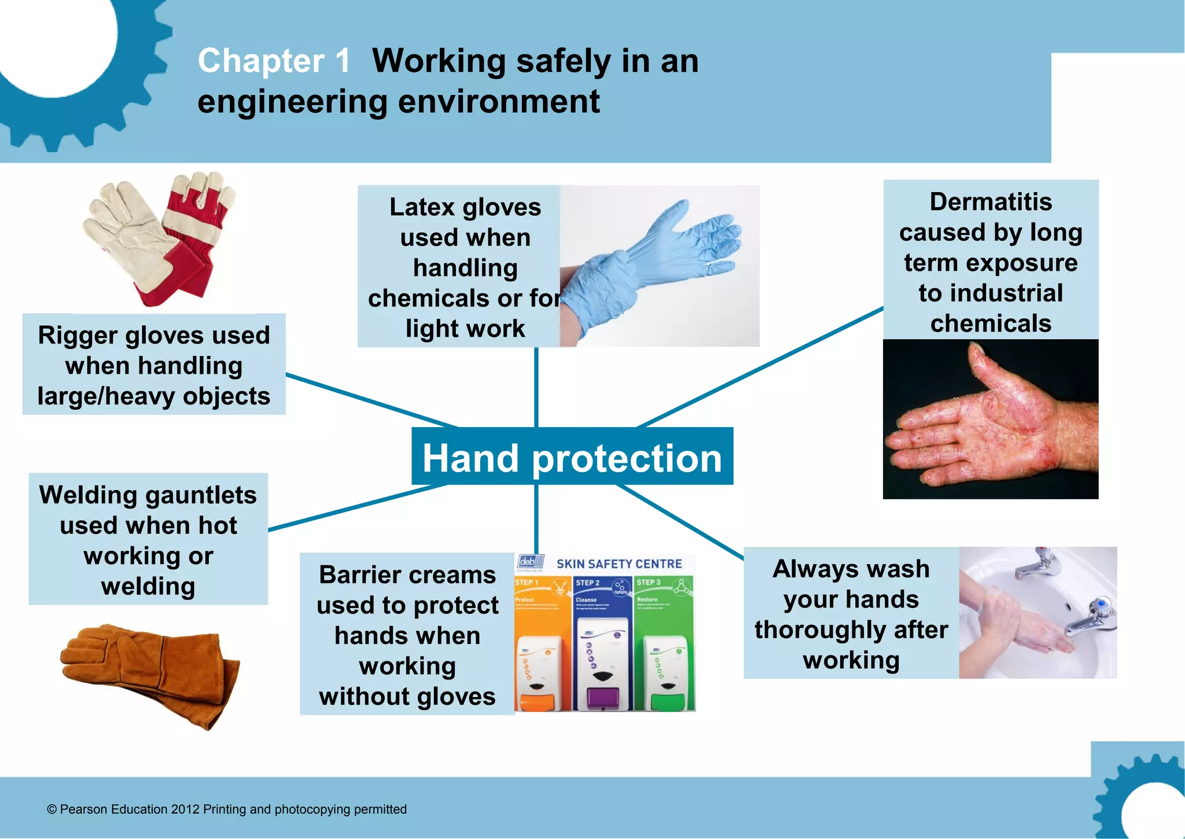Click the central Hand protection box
572,457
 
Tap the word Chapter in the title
261,61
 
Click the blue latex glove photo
660,266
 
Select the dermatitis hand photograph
990,419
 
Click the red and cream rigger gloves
162,237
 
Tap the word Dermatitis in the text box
991,202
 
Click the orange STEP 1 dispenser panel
542,642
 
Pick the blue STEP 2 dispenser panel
602,642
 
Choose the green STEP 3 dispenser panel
664,642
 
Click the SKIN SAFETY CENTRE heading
619,564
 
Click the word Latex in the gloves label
422,207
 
